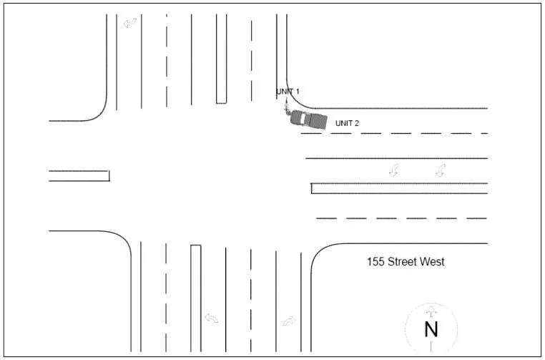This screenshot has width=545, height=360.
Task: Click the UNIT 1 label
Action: [x=288, y=92]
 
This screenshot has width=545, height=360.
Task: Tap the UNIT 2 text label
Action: [x=347, y=123]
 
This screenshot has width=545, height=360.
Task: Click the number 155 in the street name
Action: [x=375, y=262]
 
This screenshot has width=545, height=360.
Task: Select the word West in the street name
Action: [x=433, y=262]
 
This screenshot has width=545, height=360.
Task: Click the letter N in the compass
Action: [x=431, y=330]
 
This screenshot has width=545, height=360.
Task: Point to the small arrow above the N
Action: [x=431, y=311]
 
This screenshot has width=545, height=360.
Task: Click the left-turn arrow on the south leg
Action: [x=212, y=318]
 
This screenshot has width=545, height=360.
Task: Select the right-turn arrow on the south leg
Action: [x=289, y=321]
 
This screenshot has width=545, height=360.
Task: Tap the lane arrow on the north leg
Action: [x=130, y=23]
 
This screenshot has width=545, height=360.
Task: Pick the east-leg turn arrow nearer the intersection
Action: [x=394, y=170]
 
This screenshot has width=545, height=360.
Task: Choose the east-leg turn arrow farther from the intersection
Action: [x=441, y=170]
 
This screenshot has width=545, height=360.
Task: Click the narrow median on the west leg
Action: [x=79, y=175]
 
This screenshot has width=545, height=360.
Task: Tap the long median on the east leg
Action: [x=399, y=188]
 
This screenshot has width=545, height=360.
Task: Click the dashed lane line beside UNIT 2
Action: [x=393, y=133]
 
